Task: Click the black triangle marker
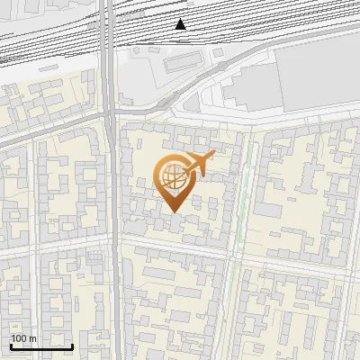point(180,24)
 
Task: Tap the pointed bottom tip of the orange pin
point(173,211)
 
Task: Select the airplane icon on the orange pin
point(197,165)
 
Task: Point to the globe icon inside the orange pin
point(172,177)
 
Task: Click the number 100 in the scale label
point(20,338)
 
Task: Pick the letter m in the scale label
point(33,338)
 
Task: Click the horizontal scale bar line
point(41,346)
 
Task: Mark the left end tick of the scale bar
point(11,345)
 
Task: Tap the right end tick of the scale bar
point(73,345)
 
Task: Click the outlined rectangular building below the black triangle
point(182,61)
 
